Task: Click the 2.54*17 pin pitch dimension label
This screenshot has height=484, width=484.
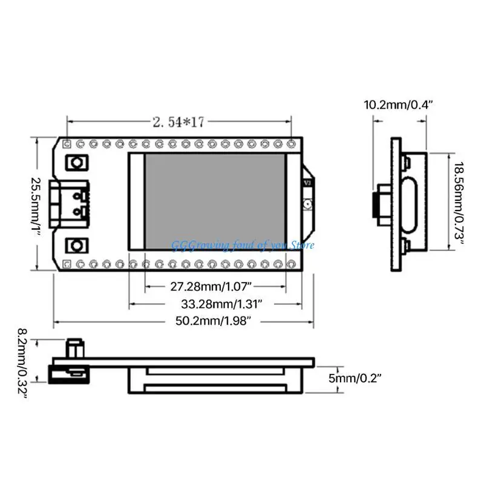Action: point(178,122)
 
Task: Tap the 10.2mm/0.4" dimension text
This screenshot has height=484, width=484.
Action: point(399,105)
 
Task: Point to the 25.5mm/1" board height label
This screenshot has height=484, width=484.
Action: point(36,204)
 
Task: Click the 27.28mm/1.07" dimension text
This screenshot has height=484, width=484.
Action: point(211,286)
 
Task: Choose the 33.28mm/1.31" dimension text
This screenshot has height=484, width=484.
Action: point(221,304)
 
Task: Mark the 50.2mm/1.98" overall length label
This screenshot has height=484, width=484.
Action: point(214,321)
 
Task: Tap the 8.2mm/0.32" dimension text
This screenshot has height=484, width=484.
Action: point(22,363)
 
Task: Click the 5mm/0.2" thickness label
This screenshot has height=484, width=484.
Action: point(355,378)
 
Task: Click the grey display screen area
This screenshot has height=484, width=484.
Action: point(215,201)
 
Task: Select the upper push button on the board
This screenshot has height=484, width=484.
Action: point(77,163)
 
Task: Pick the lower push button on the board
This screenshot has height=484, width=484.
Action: point(77,246)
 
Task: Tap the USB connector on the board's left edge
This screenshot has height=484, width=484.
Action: point(69,204)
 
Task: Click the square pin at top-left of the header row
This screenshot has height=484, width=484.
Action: point(67,144)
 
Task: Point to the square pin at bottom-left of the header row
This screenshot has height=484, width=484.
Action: point(67,264)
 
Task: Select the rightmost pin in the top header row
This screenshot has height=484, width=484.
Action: point(291,144)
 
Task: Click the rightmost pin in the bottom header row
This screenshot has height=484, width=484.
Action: point(291,264)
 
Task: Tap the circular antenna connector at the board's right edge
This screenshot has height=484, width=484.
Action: point(308,204)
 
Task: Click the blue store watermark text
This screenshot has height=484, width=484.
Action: point(243,246)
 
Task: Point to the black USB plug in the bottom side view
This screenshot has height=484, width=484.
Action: point(69,374)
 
